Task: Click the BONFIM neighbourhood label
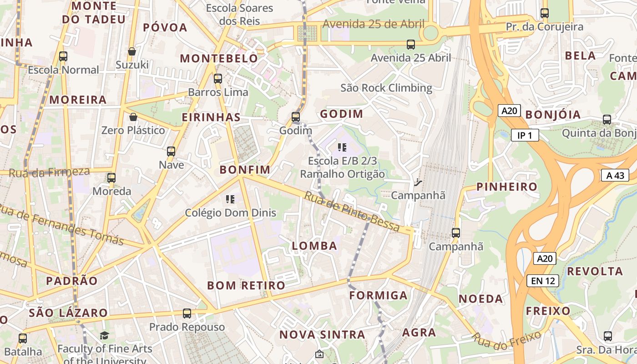point(245,170)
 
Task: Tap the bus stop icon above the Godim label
point(296,117)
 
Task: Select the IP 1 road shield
point(525,135)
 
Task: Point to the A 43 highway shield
point(615,176)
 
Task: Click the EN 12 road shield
point(543,281)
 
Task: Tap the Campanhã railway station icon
point(418,182)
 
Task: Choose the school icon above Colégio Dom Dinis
point(230,199)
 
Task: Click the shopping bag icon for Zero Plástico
point(133,117)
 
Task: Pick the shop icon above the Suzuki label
point(132,51)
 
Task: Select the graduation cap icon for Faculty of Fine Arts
point(105,336)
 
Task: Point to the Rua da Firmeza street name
point(49,172)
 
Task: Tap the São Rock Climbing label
point(386,88)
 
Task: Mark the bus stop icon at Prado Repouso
point(187,313)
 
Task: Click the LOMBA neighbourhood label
point(314,246)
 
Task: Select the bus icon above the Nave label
point(171,152)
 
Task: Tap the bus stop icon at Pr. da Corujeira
point(545,13)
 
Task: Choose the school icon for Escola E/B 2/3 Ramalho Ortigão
point(342,147)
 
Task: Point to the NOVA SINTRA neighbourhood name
point(322,335)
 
